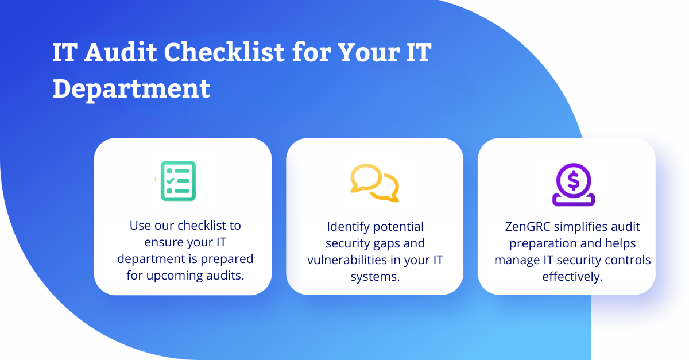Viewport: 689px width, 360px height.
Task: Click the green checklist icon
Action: pos(178,181)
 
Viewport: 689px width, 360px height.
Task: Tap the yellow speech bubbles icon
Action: pos(374,183)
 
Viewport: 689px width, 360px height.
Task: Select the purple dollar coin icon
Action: pos(574,185)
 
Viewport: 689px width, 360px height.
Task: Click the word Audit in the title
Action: pos(121,52)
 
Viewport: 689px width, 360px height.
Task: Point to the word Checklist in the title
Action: pos(224,52)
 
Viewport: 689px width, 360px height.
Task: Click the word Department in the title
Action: pos(131,89)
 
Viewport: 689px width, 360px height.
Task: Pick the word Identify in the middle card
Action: pos(348,227)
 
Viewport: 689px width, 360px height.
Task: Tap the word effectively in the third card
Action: pos(572,277)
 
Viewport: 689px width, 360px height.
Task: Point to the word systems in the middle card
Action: pos(375,277)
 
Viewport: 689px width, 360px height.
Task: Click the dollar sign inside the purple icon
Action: pos(574,181)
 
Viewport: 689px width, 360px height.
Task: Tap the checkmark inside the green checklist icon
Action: pos(170,181)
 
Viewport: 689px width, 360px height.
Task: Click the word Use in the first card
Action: pos(140,226)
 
